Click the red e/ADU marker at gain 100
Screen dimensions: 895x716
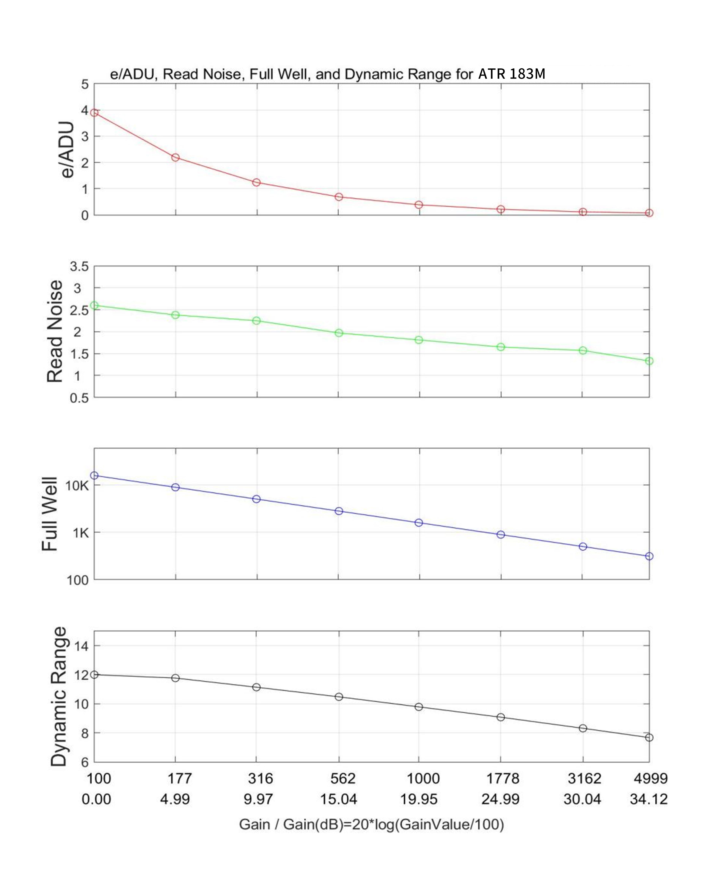pos(94,112)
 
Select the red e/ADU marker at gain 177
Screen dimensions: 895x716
pos(175,157)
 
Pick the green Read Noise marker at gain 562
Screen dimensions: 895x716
pos(339,333)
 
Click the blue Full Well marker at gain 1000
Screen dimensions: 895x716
pos(419,523)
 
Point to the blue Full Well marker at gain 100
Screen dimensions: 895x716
pos(94,475)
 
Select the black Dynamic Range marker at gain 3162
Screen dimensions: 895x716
pos(583,728)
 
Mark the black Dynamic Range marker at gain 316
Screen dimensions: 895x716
pos(257,687)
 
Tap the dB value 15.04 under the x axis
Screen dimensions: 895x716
pos(338,799)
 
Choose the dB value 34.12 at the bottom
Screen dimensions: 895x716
pos(649,799)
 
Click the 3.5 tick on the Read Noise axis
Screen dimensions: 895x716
pos(79,266)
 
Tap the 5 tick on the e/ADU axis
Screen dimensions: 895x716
pos(85,84)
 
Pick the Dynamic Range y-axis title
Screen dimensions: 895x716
pos(59,696)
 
